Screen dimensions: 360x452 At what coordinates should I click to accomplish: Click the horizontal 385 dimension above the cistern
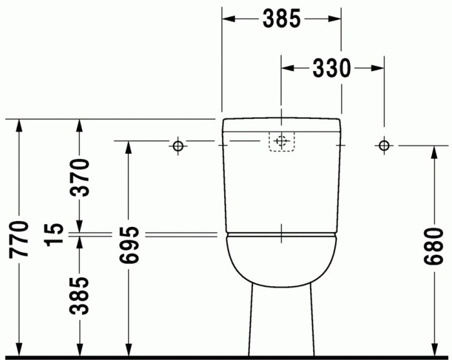282,19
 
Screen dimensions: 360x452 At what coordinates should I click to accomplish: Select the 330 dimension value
332,67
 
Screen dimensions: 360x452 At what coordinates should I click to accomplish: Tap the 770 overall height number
20,239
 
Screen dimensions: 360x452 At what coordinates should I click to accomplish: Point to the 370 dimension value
79,177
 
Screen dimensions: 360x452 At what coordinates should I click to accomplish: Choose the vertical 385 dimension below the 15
79,295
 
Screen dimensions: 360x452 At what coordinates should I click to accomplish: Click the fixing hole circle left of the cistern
178,145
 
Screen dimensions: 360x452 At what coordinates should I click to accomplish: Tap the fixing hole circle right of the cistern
384,145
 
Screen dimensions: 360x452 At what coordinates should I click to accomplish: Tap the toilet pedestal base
281,323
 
